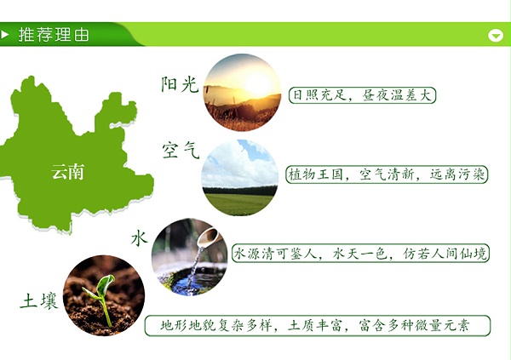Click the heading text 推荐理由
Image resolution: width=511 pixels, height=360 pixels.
coord(54,35)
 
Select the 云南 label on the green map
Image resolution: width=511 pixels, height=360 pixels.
coord(68,171)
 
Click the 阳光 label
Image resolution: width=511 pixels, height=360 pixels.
coord(179,84)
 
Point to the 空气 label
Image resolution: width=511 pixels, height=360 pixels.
coord(180,151)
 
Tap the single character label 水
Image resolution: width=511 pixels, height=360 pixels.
coord(140,237)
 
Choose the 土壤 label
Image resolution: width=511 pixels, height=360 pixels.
coord(39,300)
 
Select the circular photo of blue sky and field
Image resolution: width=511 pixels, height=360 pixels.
coord(240,176)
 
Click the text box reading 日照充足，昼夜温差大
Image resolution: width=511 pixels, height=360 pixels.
coord(362,94)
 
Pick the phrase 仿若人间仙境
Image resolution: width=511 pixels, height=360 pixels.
coord(443,254)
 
